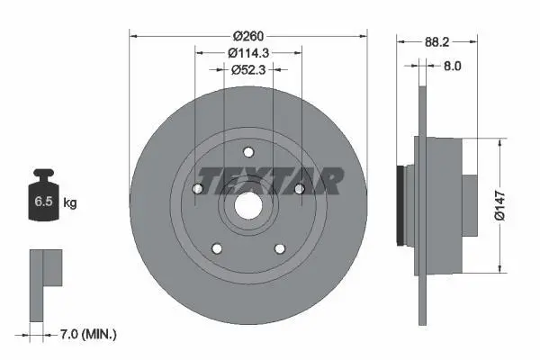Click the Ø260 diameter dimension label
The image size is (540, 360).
[x=248, y=36]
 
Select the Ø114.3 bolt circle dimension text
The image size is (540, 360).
[x=248, y=53]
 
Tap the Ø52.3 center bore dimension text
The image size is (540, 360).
[x=248, y=70]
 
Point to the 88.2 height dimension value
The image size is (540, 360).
[x=437, y=42]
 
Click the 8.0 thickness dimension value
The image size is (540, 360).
[x=452, y=66]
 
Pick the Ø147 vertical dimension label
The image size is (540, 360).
[x=499, y=205]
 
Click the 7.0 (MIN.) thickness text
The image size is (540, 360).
[x=88, y=334]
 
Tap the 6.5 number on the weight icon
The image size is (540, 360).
[x=43, y=202]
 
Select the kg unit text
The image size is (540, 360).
[x=70, y=202]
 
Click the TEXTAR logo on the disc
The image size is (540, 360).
[x=271, y=181]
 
